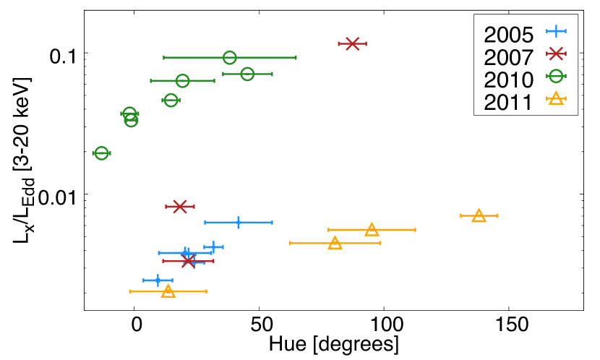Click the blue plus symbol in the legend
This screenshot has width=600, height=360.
pyautogui.click(x=556, y=31)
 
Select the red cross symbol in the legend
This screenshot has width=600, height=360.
pyautogui.click(x=556, y=53)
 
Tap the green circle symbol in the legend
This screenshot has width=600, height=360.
pyautogui.click(x=556, y=76)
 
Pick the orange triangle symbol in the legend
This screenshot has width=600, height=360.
pyautogui.click(x=556, y=98)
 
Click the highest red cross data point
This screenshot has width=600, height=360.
pyautogui.click(x=352, y=44)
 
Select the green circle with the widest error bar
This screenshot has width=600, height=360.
pyautogui.click(x=230, y=58)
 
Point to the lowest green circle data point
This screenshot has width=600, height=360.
pyautogui.click(x=101, y=153)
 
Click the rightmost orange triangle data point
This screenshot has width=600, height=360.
pyautogui.click(x=479, y=215)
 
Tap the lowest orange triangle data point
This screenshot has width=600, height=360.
pyautogui.click(x=168, y=291)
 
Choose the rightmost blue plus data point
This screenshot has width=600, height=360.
pyautogui.click(x=239, y=223)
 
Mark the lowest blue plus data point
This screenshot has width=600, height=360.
pyautogui.click(x=158, y=280)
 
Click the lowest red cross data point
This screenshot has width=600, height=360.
pyautogui.click(x=188, y=261)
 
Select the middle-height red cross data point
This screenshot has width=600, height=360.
pyautogui.click(x=180, y=207)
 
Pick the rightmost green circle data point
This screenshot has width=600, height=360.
pyautogui.click(x=247, y=74)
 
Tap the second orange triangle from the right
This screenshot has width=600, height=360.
pyautogui.click(x=372, y=230)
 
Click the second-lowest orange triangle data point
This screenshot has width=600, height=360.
pyautogui.click(x=335, y=243)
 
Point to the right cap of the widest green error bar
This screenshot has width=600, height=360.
pyautogui.click(x=296, y=58)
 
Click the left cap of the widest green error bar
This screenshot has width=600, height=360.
pyautogui.click(x=164, y=58)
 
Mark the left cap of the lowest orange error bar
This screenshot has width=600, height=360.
pyautogui.click(x=130, y=291)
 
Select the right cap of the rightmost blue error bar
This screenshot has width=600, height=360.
pyautogui.click(x=272, y=223)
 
